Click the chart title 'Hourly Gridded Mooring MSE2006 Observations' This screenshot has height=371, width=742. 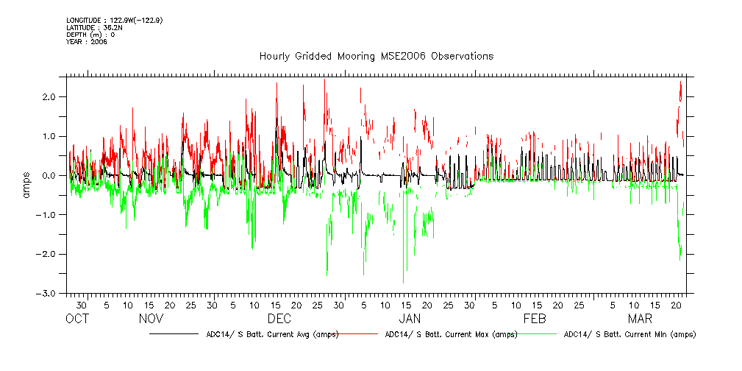[x=376, y=57]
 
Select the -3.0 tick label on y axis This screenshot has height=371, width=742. [x=49, y=294]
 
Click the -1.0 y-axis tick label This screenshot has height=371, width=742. [x=49, y=215]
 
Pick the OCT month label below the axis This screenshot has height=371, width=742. [x=77, y=319]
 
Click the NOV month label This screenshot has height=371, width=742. [x=151, y=319]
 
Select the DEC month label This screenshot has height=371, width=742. [x=279, y=319]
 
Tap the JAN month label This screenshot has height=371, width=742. [x=409, y=319]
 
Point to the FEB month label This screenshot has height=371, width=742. [x=535, y=319]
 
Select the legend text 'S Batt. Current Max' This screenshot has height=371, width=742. [x=451, y=334]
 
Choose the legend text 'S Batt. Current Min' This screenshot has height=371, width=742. [x=629, y=334]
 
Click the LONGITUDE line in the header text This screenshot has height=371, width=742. [x=114, y=20]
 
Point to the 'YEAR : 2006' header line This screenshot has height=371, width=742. [x=87, y=42]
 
